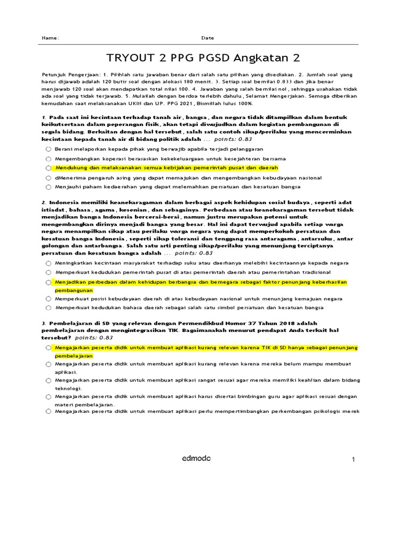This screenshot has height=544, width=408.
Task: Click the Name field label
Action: pyautogui.click(x=50, y=38)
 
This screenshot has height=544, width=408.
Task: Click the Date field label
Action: pyautogui.click(x=208, y=38)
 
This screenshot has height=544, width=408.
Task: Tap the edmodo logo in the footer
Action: pyautogui.click(x=196, y=458)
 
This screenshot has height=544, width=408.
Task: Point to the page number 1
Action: pyautogui.click(x=353, y=460)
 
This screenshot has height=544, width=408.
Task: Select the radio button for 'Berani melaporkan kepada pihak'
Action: pyautogui.click(x=48, y=149)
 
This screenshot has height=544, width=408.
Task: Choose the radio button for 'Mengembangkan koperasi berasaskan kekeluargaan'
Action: pyautogui.click(x=48, y=159)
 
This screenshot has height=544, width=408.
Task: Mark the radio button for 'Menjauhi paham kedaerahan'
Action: pyautogui.click(x=48, y=187)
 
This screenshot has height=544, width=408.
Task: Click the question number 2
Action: pyautogui.click(x=43, y=202)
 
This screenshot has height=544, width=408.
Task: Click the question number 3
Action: pyautogui.click(x=43, y=323)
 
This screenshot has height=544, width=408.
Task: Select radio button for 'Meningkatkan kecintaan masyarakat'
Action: pyautogui.click(x=48, y=263)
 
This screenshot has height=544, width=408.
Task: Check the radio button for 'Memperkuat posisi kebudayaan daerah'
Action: pyautogui.click(x=48, y=299)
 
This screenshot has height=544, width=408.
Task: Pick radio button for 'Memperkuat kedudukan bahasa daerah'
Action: pyautogui.click(x=48, y=308)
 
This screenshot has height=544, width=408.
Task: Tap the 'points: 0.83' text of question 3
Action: pyautogui.click(x=94, y=337)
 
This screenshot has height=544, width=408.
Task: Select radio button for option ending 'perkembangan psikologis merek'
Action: pyautogui.click(x=48, y=411)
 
